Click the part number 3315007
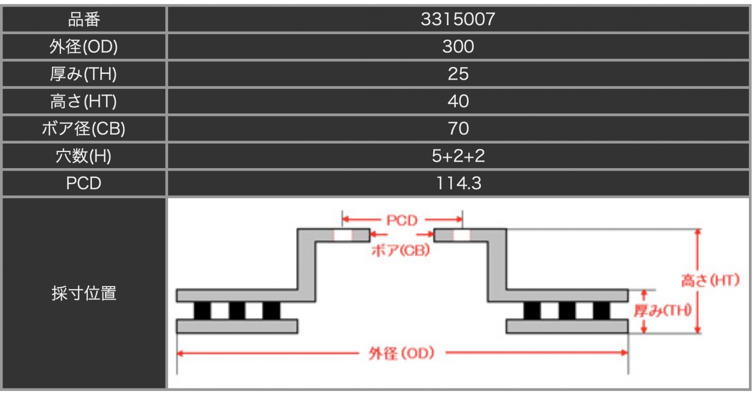tap(458, 19)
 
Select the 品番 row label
tap(84, 20)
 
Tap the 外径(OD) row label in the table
tap(84, 46)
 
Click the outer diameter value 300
tap(458, 46)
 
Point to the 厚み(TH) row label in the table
tap(83, 74)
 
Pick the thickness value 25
tap(458, 74)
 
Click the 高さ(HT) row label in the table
tap(83, 101)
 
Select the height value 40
tap(458, 101)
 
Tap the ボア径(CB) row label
tap(83, 128)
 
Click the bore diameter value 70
tap(458, 128)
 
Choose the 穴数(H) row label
tap(83, 156)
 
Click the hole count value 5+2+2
tap(458, 156)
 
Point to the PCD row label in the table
tap(83, 183)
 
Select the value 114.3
tap(458, 183)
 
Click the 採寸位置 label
tap(84, 293)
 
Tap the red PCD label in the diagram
tap(402, 220)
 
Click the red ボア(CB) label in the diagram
tap(401, 250)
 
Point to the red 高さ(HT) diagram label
tap(710, 280)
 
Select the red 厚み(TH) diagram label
tap(663, 310)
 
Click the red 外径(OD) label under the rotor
tap(402, 353)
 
